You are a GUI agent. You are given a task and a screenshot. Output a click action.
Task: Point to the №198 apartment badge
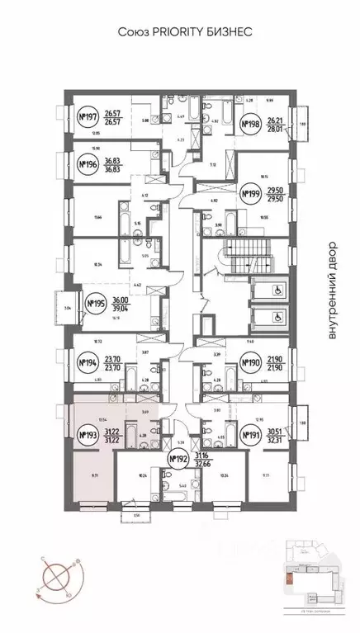[250, 126]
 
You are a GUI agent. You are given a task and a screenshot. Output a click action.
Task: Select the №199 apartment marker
[250, 194]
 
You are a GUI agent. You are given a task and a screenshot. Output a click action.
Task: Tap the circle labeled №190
[250, 361]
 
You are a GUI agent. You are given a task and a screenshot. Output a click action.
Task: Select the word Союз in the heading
[129, 31]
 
